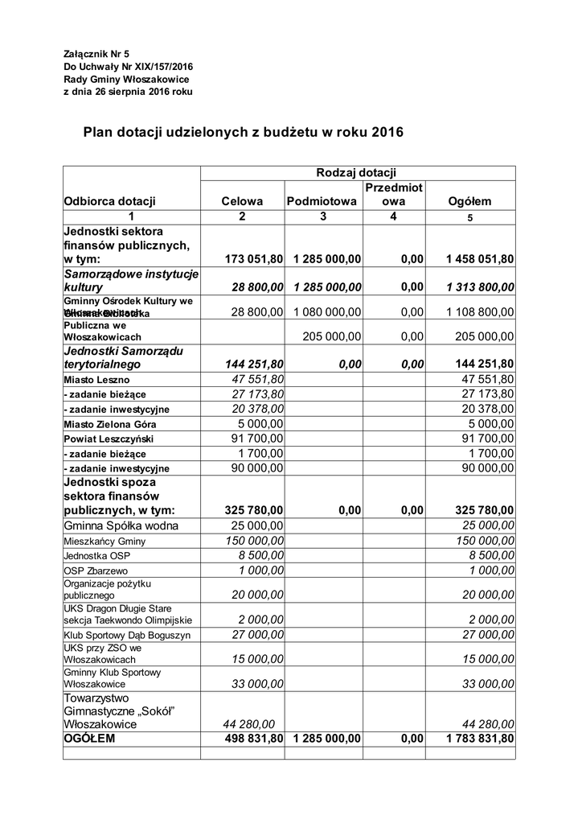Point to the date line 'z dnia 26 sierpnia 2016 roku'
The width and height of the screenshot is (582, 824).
[128, 92]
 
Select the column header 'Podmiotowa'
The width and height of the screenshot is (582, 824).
[322, 202]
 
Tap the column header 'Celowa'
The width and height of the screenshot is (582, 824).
[242, 202]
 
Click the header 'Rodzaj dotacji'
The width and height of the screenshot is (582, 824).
[356, 172]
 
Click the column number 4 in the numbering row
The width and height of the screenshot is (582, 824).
[393, 216]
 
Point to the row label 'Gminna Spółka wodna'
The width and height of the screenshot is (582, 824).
[121, 525]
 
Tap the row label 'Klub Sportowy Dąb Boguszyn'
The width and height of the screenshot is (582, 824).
[127, 636]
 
